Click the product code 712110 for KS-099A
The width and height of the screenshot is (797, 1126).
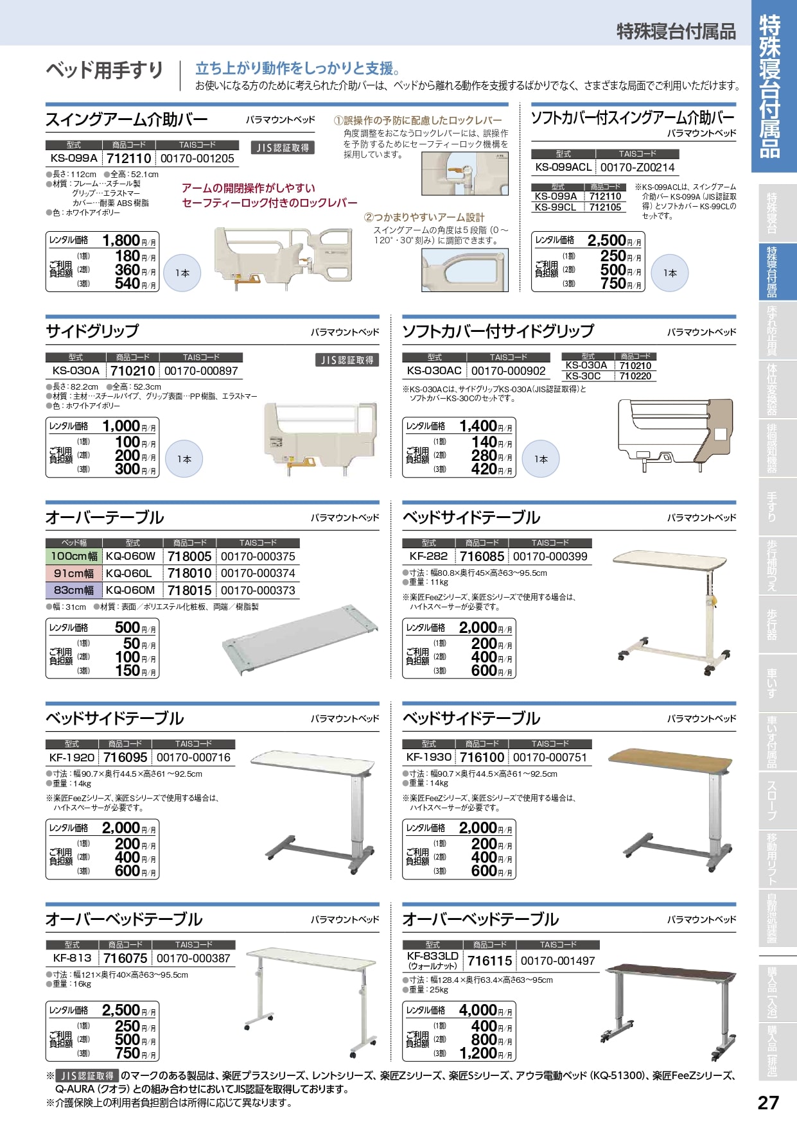pos(128,159)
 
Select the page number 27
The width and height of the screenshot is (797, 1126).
pos(768,1103)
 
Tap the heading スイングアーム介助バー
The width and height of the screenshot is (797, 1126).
pos(127,119)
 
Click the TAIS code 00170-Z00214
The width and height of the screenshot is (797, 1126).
pos(637,168)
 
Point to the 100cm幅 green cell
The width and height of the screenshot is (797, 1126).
pos(74,557)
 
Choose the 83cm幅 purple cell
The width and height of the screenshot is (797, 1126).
pos(74,590)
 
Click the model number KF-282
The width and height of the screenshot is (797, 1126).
pos(428,557)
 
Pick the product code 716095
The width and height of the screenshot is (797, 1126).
pos(125,758)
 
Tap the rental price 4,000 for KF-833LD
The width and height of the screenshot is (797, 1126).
pos(477,1010)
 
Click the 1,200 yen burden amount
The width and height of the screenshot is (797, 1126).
pos(477,1053)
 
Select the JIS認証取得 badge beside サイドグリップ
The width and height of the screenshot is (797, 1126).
pos(347,360)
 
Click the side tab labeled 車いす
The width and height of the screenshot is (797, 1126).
pos(773,683)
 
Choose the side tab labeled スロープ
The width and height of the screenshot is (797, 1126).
pos(773,799)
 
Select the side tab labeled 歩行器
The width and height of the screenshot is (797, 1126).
pos(773,624)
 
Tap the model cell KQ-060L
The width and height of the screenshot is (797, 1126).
pos(129,573)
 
